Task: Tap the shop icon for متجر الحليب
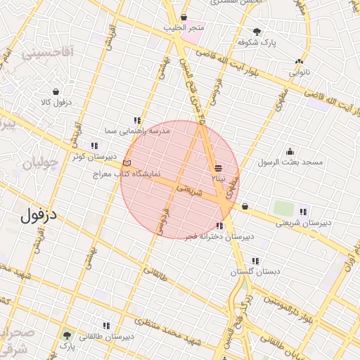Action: pyautogui.click(x=184, y=18)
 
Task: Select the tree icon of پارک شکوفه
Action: pyautogui.click(x=257, y=32)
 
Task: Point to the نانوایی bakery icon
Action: pyautogui.click(x=300, y=61)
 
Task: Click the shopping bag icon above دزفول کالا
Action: pyautogui.click(x=56, y=91)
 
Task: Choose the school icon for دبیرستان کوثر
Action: pyautogui.click(x=94, y=146)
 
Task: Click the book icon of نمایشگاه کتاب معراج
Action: pyautogui.click(x=127, y=163)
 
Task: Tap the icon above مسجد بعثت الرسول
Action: pyautogui.click(x=290, y=151)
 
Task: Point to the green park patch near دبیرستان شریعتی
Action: pyautogui.click(x=283, y=209)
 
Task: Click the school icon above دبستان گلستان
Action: pyautogui.click(x=255, y=260)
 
